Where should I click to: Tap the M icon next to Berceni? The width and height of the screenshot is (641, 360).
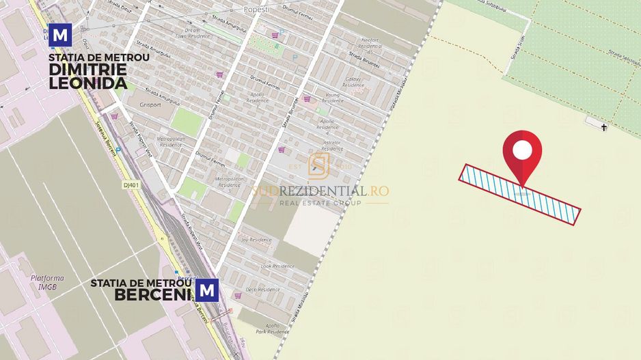tap(208, 291)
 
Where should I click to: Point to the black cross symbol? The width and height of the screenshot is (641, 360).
tap(604, 127)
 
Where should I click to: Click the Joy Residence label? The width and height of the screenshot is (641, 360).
tap(257, 240)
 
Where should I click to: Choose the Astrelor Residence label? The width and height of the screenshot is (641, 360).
tap(332, 146)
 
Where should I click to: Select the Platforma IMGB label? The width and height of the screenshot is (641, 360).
tap(46, 282)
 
